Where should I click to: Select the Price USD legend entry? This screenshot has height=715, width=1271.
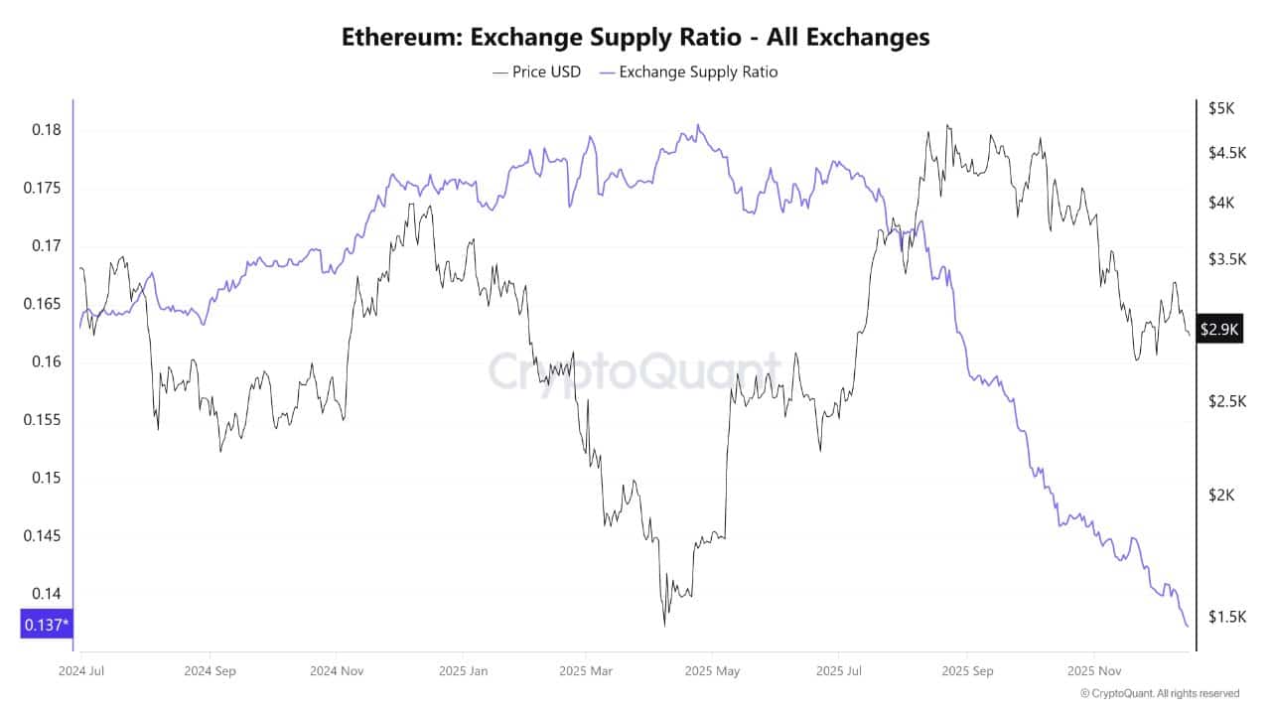coord(536,71)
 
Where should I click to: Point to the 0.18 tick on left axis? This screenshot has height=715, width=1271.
coord(45,130)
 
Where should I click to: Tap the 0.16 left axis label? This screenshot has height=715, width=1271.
coord(45,361)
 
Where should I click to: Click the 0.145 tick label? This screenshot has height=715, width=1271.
coord(42,535)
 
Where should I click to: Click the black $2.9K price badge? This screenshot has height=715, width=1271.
coord(1219,330)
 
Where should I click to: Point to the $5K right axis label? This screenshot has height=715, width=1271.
coord(1220,107)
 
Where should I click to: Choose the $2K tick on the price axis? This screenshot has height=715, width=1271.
coord(1220,495)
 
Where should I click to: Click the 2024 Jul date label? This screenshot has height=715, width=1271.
coord(82,670)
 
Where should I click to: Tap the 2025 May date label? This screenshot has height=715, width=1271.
coord(712,670)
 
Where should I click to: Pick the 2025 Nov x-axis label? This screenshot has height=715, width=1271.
coord(1092,670)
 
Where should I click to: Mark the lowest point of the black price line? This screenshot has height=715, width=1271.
coord(663,626)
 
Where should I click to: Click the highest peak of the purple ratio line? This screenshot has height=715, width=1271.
coord(698,125)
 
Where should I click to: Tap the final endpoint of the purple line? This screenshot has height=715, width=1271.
coord(1188,626)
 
